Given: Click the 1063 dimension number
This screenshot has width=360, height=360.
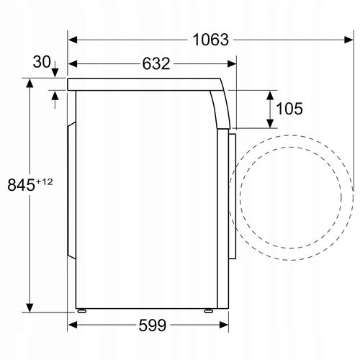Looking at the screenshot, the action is point(210,40).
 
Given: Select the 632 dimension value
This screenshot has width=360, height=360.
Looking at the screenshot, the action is point(156,64).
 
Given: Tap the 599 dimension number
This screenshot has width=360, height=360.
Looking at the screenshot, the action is point(153,325).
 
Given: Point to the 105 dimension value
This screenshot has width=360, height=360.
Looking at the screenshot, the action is point(289,109).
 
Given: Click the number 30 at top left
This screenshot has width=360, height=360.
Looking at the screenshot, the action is point(42,62).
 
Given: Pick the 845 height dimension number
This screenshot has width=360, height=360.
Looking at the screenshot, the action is point(21,185).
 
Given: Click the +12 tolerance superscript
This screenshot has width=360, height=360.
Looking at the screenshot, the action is point(44,181).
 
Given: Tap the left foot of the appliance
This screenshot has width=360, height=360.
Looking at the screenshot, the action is point(81,311).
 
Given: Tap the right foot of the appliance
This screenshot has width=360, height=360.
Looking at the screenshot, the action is point(209,311).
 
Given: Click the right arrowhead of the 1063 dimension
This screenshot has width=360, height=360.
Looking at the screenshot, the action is point(348,40).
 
